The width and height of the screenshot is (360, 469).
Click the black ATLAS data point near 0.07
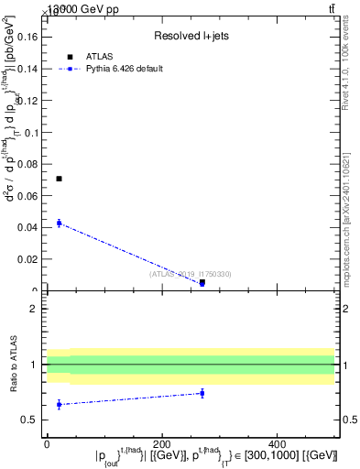[x=59, y=179]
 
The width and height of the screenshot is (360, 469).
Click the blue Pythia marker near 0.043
[x=59, y=223]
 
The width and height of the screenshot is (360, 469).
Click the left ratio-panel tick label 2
[x=33, y=309]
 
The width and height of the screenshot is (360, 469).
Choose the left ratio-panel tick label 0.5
[x=29, y=420]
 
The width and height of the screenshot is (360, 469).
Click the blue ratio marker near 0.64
[x=59, y=404]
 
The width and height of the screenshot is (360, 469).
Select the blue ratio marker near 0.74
[x=202, y=393]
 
